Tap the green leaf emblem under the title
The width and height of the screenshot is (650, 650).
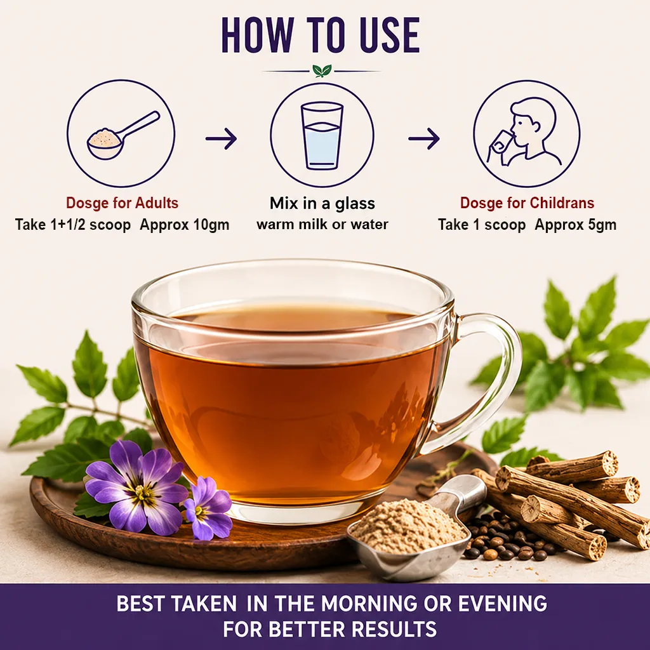(x=322, y=70)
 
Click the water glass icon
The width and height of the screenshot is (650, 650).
(x=322, y=135)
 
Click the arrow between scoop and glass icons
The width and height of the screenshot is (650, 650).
(x=222, y=138)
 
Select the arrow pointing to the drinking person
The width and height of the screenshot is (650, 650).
(x=423, y=138)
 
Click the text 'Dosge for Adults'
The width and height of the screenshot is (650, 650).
(x=123, y=203)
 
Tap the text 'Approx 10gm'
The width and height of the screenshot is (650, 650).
(x=185, y=225)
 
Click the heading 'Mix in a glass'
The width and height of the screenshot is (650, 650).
(x=322, y=204)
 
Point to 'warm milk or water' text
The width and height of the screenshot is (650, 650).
(x=322, y=224)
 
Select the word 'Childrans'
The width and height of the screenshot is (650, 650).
(x=562, y=202)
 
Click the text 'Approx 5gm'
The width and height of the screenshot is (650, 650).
(x=575, y=225)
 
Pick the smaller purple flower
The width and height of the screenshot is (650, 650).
(x=208, y=508)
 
